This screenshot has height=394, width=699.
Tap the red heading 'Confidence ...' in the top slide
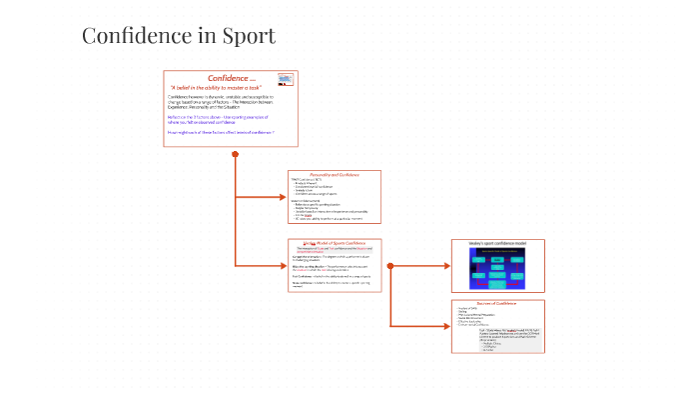tap(231, 78)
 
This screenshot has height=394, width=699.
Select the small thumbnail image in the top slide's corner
tap(285, 80)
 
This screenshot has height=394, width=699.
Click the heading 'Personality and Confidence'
tap(334, 175)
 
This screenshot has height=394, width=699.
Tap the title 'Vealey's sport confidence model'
tap(495, 243)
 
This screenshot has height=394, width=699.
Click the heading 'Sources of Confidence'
tap(496, 303)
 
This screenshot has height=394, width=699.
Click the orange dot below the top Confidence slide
tap(235, 154)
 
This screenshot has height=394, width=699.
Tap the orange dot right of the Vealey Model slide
tap(389, 266)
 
